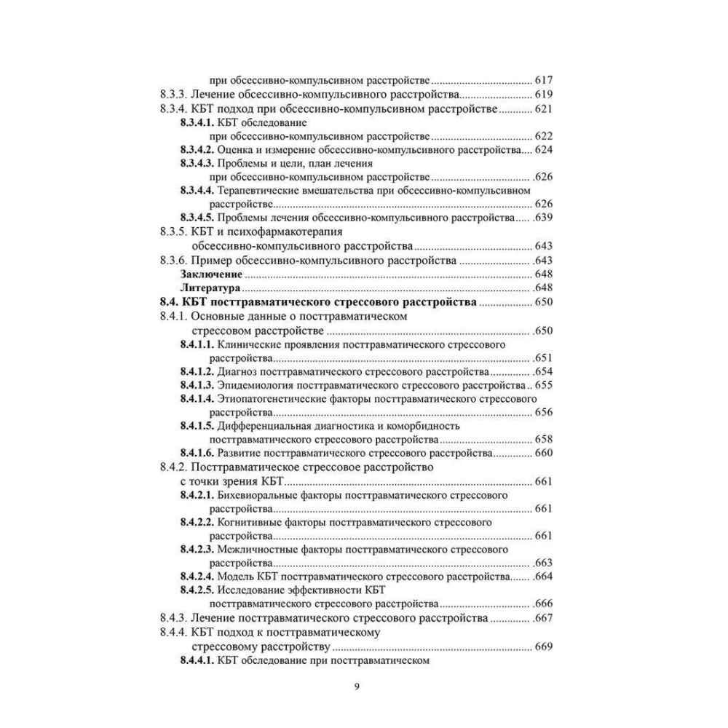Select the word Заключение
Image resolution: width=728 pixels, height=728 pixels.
tap(211, 274)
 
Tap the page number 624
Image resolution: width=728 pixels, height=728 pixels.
tap(544, 150)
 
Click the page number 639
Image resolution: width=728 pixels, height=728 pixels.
tap(544, 218)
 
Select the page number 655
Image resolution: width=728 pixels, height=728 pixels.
tap(544, 384)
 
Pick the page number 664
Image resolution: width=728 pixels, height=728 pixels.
tap(544, 577)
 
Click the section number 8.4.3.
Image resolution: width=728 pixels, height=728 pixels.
tap(174, 618)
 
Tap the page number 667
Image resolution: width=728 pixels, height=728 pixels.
tap(544, 618)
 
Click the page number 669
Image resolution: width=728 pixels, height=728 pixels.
tap(544, 646)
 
